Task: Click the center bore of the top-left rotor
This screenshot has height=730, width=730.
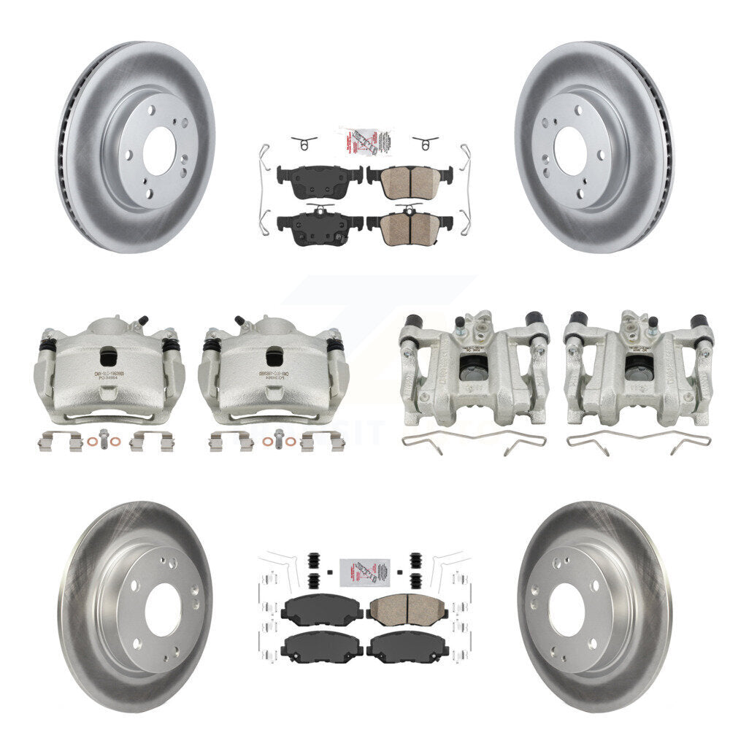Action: tap(158, 150)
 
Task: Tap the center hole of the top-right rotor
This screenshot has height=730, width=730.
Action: tap(571, 150)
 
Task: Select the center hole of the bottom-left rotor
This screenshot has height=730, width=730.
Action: tap(162, 610)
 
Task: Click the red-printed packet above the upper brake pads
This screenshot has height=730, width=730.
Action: tap(364, 141)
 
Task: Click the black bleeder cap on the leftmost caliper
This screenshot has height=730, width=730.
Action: tap(144, 320)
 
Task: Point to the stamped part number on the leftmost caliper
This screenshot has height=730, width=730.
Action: tap(109, 374)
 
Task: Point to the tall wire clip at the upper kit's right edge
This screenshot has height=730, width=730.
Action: tap(465, 186)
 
